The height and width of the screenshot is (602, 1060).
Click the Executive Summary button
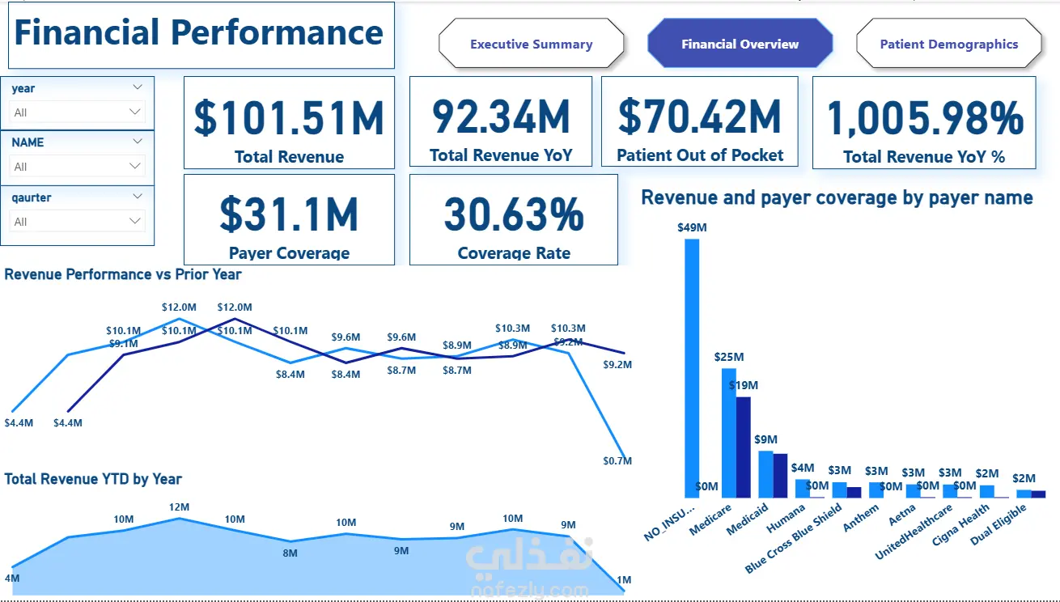point(531,44)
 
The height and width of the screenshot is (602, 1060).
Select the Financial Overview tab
point(740,44)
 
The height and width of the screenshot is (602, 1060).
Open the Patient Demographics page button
point(949,44)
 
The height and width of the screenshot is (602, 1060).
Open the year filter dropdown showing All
point(77,112)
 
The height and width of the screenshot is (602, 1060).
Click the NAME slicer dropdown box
point(77,166)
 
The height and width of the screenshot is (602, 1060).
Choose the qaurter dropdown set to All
point(77,221)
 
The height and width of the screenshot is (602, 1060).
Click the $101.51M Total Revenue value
point(289,118)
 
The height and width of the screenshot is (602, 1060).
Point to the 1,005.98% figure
point(925,118)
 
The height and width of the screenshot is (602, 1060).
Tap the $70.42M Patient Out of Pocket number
point(699,117)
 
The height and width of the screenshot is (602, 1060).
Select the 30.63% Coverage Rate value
point(514,214)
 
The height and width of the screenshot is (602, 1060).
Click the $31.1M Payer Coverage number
point(289,214)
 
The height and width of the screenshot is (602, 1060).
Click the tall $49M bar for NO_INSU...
point(692,368)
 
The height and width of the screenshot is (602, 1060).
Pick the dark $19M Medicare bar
point(744,447)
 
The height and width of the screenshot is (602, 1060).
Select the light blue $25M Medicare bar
point(729,433)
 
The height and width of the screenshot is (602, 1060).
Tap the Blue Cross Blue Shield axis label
point(793,538)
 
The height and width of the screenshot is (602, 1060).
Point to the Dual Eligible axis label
point(998,524)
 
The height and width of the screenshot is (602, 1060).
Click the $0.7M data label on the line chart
point(617,460)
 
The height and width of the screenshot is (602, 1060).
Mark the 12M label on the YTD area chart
point(179,507)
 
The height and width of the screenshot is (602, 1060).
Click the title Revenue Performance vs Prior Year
point(123,274)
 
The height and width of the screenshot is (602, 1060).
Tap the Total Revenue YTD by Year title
point(93,479)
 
